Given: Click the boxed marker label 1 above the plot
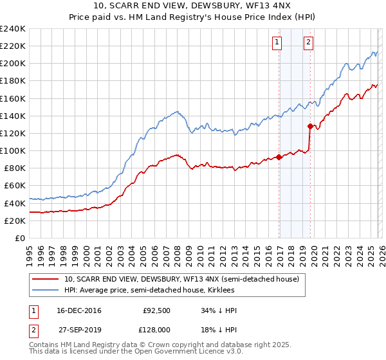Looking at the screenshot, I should pyautogui.click(x=277, y=42).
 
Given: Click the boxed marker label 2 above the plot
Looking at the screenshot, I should pyautogui.click(x=308, y=42).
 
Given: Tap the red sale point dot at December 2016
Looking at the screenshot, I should pyautogui.click(x=279, y=157).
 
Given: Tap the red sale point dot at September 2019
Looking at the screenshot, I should pyautogui.click(x=310, y=126).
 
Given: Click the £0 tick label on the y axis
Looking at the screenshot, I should pyautogui.click(x=19, y=238).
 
